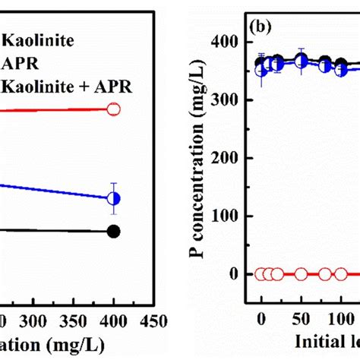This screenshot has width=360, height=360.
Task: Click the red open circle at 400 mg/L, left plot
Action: [x=113, y=109]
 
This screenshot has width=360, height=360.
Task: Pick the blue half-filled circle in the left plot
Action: [x=113, y=198]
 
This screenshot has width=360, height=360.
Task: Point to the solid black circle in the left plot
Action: [x=113, y=232]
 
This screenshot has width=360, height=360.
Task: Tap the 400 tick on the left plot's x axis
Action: [x=113, y=321]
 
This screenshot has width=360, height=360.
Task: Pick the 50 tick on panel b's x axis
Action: [x=301, y=319]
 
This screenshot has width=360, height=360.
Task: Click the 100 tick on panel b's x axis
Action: [x=340, y=319]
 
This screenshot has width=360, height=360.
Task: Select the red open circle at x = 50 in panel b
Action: [x=302, y=274]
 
